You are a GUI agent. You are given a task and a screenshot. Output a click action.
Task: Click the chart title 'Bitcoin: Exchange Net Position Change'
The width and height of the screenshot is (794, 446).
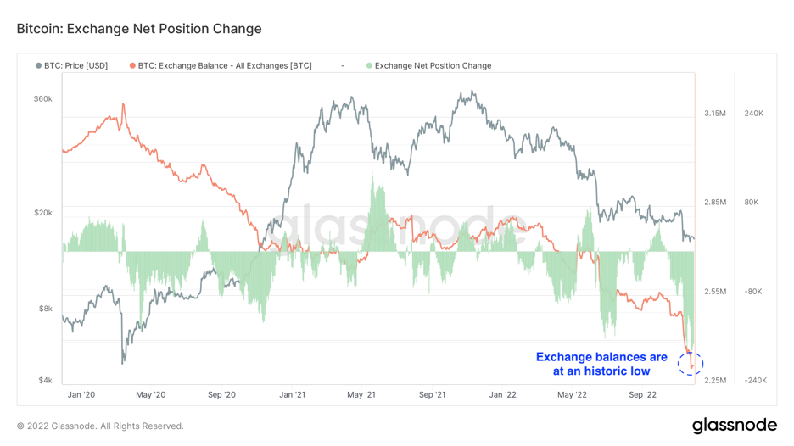[139, 29]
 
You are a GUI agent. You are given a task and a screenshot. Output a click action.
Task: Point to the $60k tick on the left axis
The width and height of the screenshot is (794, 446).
[42, 99]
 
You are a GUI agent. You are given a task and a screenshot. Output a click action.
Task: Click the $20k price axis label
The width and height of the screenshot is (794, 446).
[42, 213]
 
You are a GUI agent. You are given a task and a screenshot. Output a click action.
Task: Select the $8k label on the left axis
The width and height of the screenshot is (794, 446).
[45, 309]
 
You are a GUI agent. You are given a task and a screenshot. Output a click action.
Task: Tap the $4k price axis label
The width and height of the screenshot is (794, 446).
[45, 381]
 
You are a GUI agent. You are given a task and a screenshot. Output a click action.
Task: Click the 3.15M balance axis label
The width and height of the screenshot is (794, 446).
[714, 113]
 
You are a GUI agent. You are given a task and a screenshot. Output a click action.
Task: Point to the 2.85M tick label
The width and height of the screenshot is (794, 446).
[714, 202]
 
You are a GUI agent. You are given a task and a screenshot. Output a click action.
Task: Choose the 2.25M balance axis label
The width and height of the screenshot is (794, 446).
[714, 381]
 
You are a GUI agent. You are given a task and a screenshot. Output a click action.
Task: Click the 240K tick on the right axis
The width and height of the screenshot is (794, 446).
[754, 113]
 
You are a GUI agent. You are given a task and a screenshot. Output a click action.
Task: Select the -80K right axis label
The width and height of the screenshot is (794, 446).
[753, 292]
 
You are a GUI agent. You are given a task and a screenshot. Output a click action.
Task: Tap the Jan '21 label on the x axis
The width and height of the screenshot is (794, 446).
[292, 394]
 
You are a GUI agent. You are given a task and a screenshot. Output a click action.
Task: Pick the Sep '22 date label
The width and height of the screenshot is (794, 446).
[642, 394]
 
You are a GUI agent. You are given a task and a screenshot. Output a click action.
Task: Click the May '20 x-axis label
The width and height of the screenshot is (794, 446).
[150, 394]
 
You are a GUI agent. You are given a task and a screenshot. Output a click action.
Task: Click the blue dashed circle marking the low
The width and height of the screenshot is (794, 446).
[691, 364]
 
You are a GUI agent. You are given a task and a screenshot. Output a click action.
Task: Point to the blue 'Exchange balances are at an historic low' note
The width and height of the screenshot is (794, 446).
[601, 364]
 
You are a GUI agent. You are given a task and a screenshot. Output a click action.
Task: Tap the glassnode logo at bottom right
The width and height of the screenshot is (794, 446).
[734, 425]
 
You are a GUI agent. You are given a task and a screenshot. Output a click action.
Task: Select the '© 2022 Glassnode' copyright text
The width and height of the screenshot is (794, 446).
[100, 426]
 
